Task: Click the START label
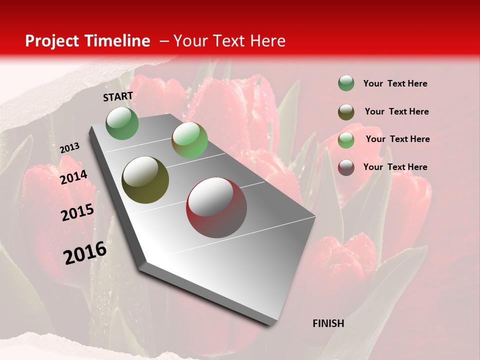point(118,96)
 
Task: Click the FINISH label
point(328,323)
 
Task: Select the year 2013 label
point(69,148)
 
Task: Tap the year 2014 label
point(73,177)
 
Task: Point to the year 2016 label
point(85,253)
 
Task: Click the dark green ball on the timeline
point(122,123)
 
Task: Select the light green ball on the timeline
point(189,140)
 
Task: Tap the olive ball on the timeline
point(145,180)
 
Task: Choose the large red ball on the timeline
point(216,207)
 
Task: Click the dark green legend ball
point(346,83)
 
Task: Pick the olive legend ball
point(346,111)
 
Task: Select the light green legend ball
point(346,139)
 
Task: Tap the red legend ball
point(346,167)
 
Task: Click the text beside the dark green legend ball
point(395,83)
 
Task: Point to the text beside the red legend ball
point(395,167)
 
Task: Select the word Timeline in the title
point(118,41)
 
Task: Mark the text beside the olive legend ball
point(396,111)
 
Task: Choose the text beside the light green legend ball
point(397,139)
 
